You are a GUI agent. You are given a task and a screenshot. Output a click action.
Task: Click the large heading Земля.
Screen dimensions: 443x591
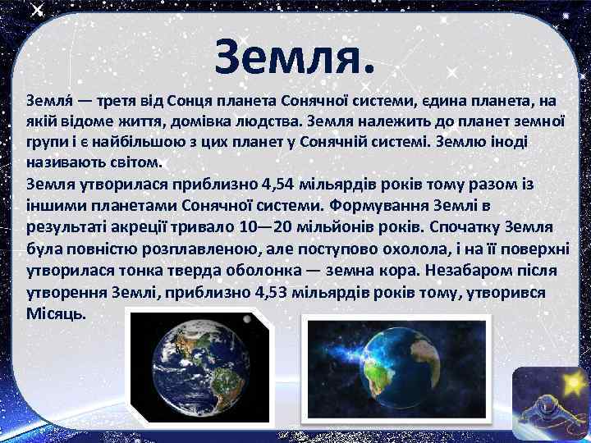[295, 56]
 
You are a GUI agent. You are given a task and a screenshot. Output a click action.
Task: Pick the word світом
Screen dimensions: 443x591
[139, 161]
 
